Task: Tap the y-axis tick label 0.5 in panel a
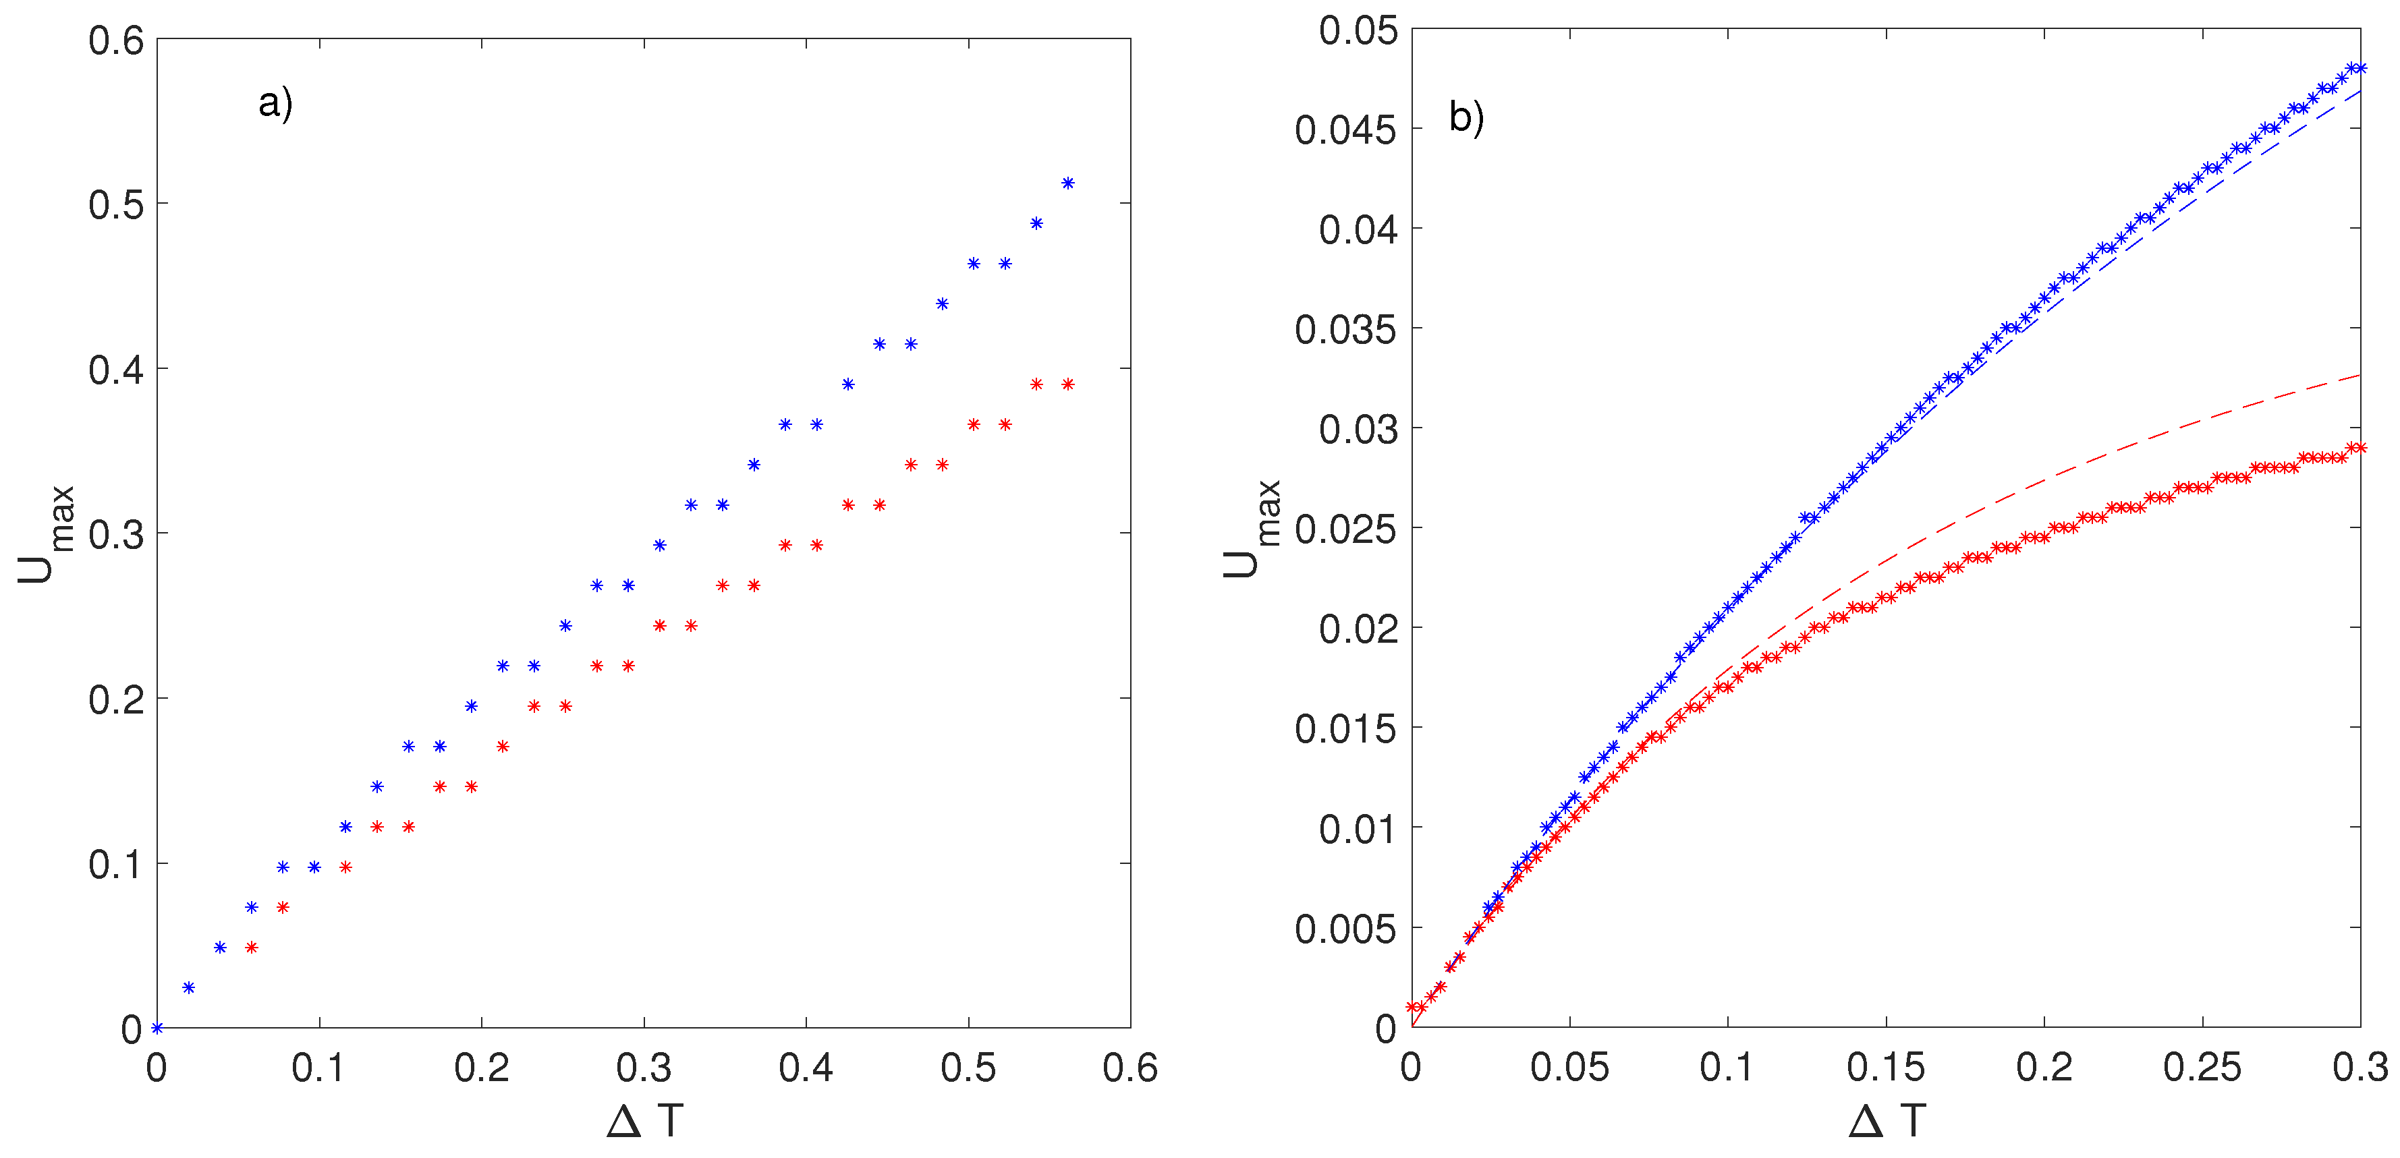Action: point(117,204)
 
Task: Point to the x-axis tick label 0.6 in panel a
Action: point(1129,1068)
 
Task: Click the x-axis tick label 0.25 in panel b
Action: point(2202,1068)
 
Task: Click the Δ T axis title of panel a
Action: point(645,1121)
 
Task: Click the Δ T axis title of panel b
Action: point(1887,1121)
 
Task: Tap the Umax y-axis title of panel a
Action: point(45,535)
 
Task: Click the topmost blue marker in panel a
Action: point(1067,183)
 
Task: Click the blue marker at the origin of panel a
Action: point(157,1028)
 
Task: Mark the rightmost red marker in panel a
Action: point(1067,384)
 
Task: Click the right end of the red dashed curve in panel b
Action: point(2359,374)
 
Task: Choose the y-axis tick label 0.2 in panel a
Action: point(117,699)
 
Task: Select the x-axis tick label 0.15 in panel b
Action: point(1886,1068)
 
